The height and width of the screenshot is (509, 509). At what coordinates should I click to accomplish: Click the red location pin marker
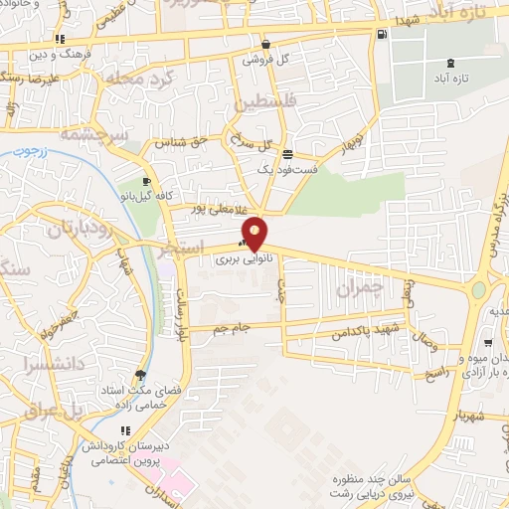255,234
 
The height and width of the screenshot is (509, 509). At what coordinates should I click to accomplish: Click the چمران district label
359,288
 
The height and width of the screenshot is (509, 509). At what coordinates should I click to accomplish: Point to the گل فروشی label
267,59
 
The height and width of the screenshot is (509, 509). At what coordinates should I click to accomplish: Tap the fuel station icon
383,36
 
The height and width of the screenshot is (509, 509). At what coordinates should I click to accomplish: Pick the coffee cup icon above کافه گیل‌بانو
147,181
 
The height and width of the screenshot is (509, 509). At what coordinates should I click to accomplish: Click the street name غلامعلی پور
197,210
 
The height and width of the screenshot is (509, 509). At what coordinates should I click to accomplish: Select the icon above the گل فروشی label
265,45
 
